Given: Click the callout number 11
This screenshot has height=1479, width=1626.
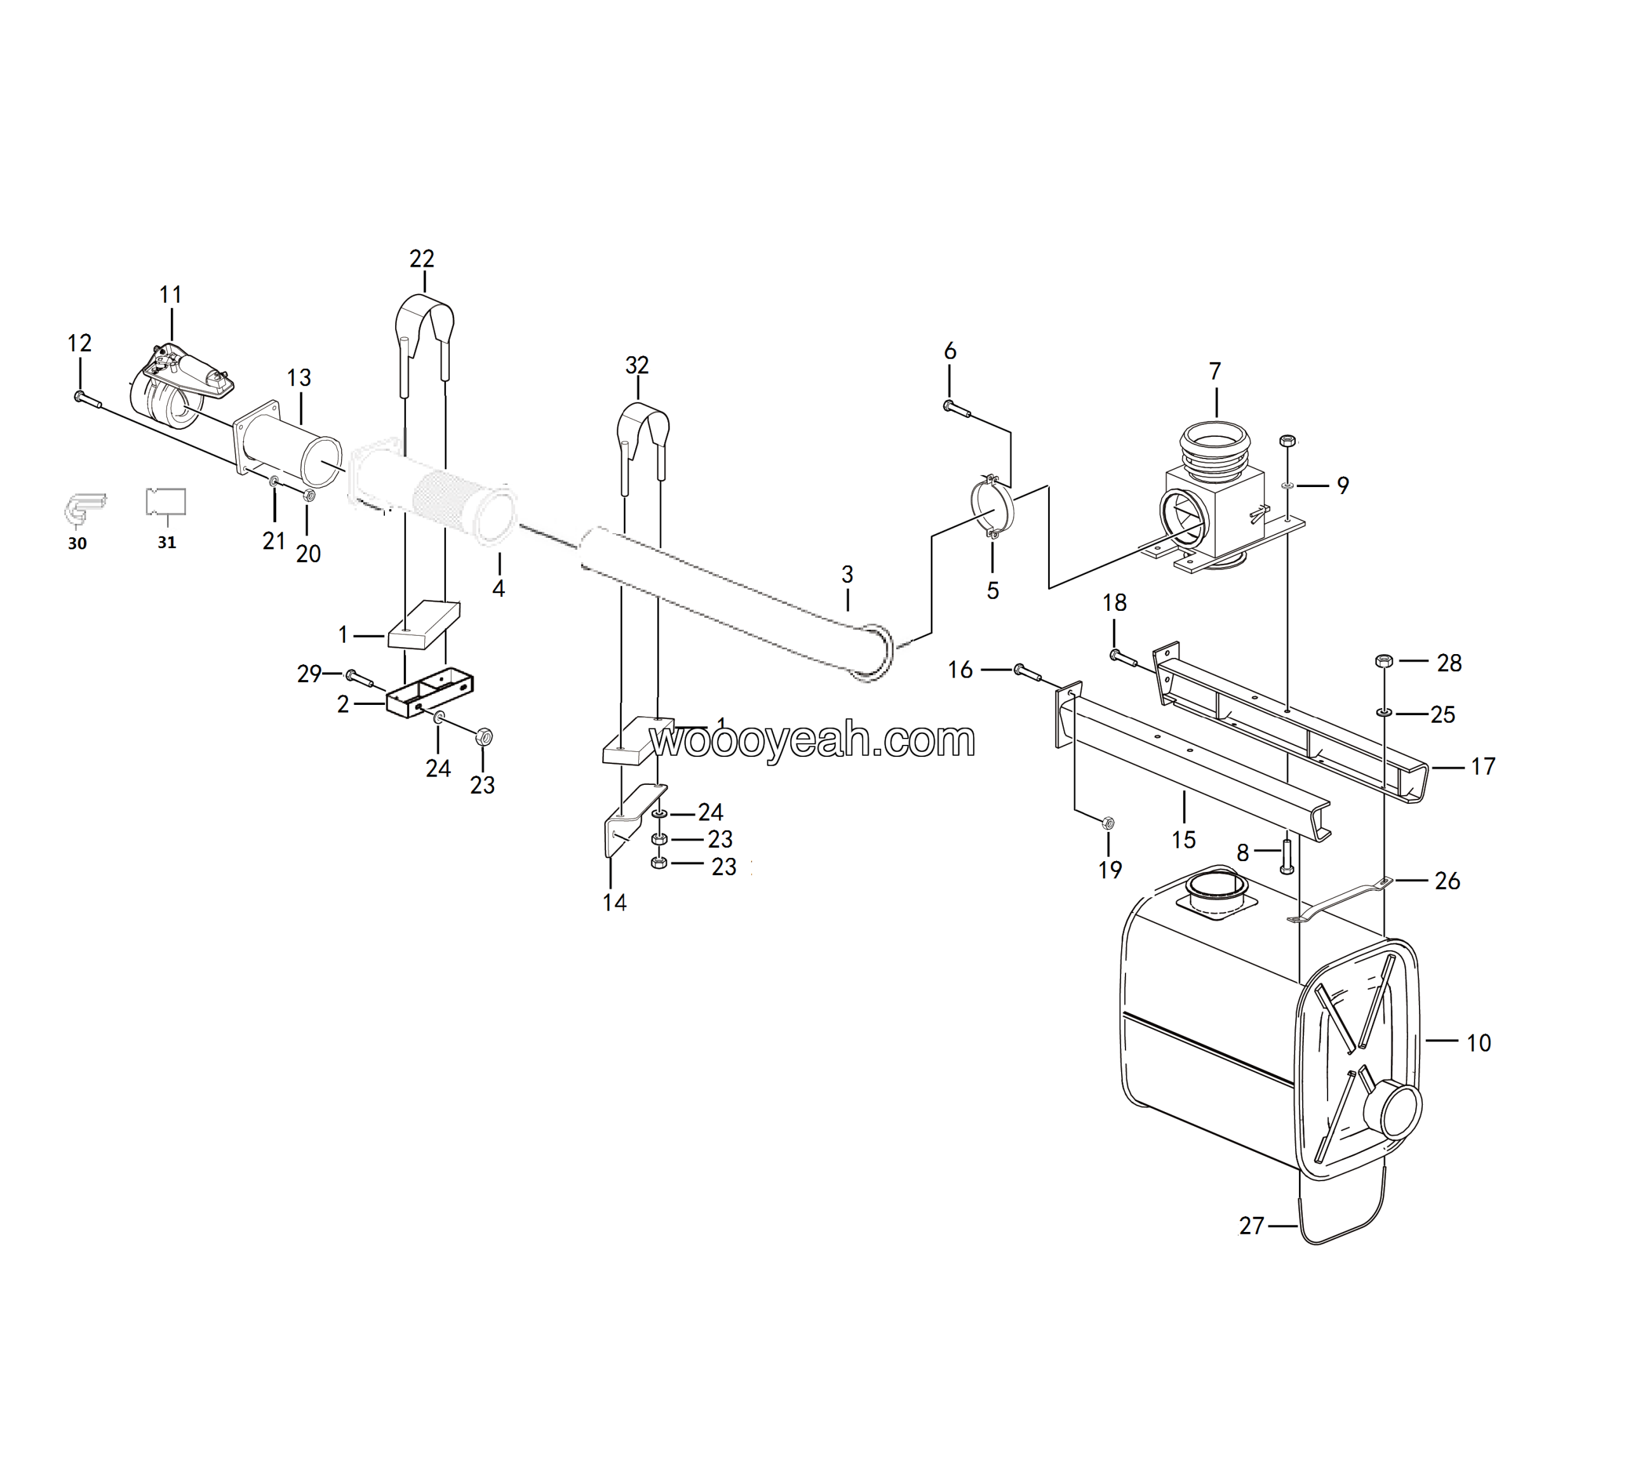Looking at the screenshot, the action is pos(170,295).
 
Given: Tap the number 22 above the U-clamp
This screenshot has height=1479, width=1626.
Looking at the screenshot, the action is pos(422,259).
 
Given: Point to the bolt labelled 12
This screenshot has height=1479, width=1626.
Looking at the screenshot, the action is pos(86,398).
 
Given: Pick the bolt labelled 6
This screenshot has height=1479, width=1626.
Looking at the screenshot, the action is pos(957,409).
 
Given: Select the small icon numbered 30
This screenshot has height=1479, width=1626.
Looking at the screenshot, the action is pos(84,508).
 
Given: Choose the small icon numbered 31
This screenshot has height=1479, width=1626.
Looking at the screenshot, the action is pos(166,502).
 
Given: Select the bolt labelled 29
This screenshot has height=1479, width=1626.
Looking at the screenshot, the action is pos(359,678).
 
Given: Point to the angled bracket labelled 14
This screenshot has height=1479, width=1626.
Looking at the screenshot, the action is pos(629,816).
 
